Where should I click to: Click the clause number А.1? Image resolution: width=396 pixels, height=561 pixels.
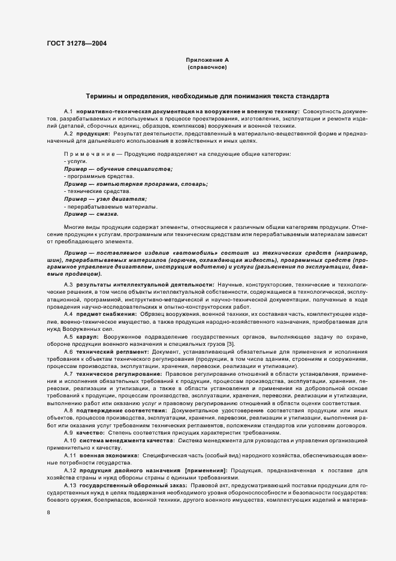click(x=68, y=112)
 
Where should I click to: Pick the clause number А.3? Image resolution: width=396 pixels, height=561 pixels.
click(x=68, y=283)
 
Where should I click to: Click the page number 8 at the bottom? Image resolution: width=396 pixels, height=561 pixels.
click(x=48, y=513)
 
